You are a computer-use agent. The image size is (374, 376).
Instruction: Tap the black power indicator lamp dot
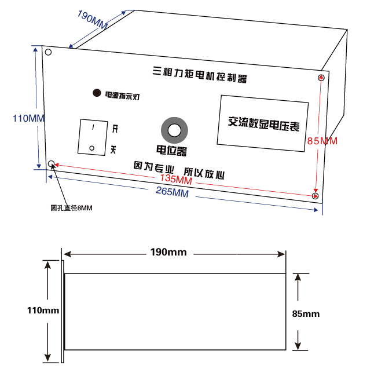pos(94,93)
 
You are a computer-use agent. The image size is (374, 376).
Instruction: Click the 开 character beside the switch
pos(115,128)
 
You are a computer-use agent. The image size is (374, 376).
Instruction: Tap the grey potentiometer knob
pos(174,130)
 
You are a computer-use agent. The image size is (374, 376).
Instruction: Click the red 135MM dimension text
pos(175,180)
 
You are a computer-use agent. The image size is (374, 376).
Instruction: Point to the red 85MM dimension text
pos(322,141)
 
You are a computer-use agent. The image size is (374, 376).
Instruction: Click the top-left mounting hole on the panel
pos(49,53)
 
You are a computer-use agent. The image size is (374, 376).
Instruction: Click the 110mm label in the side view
pos(43,311)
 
